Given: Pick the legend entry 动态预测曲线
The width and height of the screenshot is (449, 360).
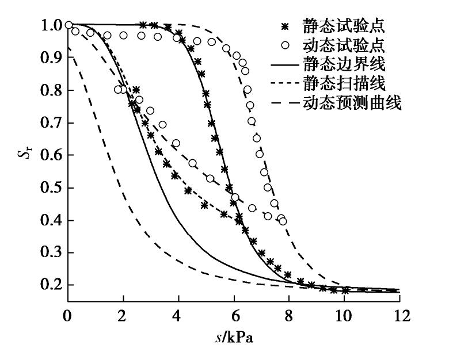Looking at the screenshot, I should click(372, 104).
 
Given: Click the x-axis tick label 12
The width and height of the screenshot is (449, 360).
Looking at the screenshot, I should click(399, 316).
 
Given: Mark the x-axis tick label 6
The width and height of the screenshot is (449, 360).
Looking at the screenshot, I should click(234, 316).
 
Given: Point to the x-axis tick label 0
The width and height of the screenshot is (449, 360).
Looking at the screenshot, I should click(68, 316).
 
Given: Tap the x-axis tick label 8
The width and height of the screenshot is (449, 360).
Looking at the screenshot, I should click(289, 316).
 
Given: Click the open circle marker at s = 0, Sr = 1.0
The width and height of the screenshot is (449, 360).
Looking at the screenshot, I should click(69, 25).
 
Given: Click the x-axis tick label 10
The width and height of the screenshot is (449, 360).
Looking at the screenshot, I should click(344, 316).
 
